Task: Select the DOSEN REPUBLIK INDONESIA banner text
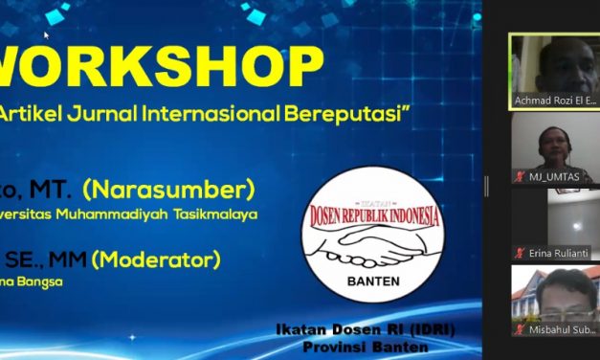(x=374, y=215)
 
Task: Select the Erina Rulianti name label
(x=557, y=253)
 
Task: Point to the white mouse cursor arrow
(x=46, y=35)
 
